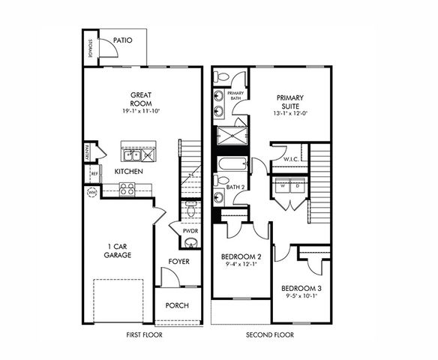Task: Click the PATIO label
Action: coord(123,40)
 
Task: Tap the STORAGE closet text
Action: coord(90,47)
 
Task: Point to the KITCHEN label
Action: coord(129,172)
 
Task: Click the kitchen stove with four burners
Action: coord(127,189)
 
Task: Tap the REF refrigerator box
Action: coord(94,174)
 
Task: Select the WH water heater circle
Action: coord(91,191)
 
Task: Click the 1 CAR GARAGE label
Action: coord(118,250)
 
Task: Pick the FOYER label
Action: coord(178,262)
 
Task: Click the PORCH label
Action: coord(178,305)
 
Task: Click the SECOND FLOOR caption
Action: coord(270,335)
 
